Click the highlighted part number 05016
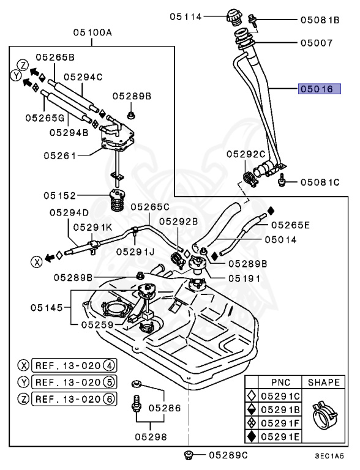[319, 89]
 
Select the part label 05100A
[92, 32]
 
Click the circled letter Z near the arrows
[23, 65]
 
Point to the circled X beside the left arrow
[37, 262]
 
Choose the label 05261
[60, 155]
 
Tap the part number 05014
[280, 239]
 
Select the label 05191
[244, 278]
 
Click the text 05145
[47, 308]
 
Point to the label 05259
[97, 324]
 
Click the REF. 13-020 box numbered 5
[74, 382]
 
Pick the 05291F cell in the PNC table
[280, 423]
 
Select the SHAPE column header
[324, 382]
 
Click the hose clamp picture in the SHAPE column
[324, 413]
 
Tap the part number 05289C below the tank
[228, 455]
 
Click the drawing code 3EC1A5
[329, 456]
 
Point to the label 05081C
[320, 182]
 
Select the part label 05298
[151, 437]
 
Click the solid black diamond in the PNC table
[252, 436]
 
